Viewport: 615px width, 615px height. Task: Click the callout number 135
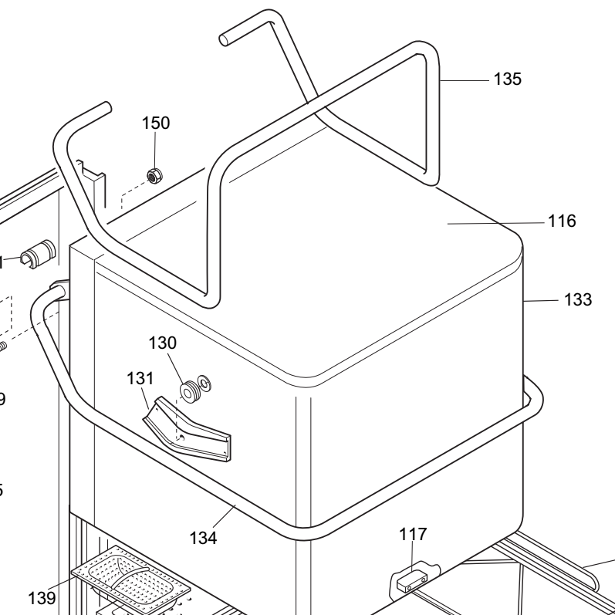coord(508,78)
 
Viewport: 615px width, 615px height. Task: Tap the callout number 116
coord(562,221)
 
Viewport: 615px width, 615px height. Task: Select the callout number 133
coord(576,299)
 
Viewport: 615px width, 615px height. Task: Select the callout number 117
coord(412,534)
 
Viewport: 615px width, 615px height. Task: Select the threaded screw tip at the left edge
coord(2,346)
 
